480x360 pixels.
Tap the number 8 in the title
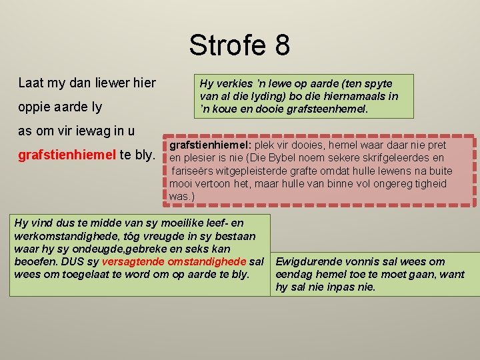[x=281, y=45]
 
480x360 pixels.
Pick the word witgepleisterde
[x=256, y=171]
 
